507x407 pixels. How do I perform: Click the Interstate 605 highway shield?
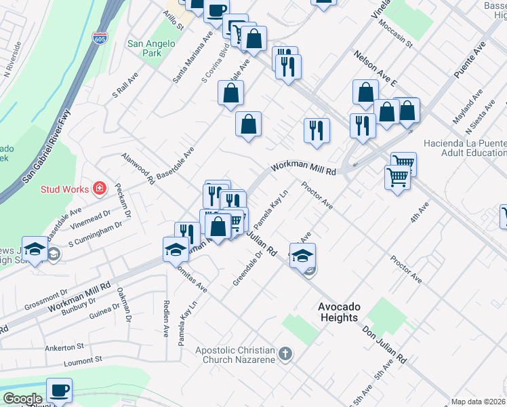coord(100,37)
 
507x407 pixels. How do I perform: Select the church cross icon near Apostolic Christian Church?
coord(285,353)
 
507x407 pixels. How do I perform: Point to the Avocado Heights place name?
coord(338,312)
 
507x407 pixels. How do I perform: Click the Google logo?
coord(22,399)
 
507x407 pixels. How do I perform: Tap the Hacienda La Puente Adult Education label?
coord(464,149)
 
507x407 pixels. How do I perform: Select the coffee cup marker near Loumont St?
coord(59,390)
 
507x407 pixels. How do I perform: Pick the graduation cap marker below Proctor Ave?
coord(303,255)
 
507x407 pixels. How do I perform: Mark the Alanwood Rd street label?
coord(137,166)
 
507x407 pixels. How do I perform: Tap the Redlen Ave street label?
coord(165,322)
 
